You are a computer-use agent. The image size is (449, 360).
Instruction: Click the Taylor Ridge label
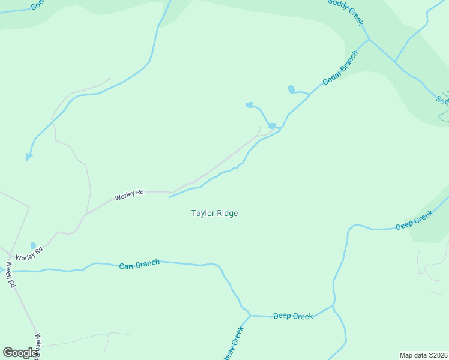[215, 213]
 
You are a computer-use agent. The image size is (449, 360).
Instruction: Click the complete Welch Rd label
[11, 274]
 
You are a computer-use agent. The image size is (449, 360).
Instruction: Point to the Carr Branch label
[139, 264]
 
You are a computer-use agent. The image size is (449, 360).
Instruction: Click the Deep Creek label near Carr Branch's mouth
[293, 316]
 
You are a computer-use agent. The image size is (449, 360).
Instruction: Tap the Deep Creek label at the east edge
[414, 220]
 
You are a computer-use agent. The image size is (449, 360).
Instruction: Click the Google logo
[20, 353]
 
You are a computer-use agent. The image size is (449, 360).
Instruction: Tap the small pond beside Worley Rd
[33, 245]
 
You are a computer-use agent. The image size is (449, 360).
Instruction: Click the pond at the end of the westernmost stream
[28, 157]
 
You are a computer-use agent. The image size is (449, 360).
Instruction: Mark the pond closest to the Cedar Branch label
[292, 89]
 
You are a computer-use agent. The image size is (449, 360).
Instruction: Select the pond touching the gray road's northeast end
[272, 126]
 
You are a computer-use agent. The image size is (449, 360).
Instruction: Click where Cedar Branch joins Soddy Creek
[369, 40]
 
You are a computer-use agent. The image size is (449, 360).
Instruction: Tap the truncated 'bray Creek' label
[233, 344]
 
